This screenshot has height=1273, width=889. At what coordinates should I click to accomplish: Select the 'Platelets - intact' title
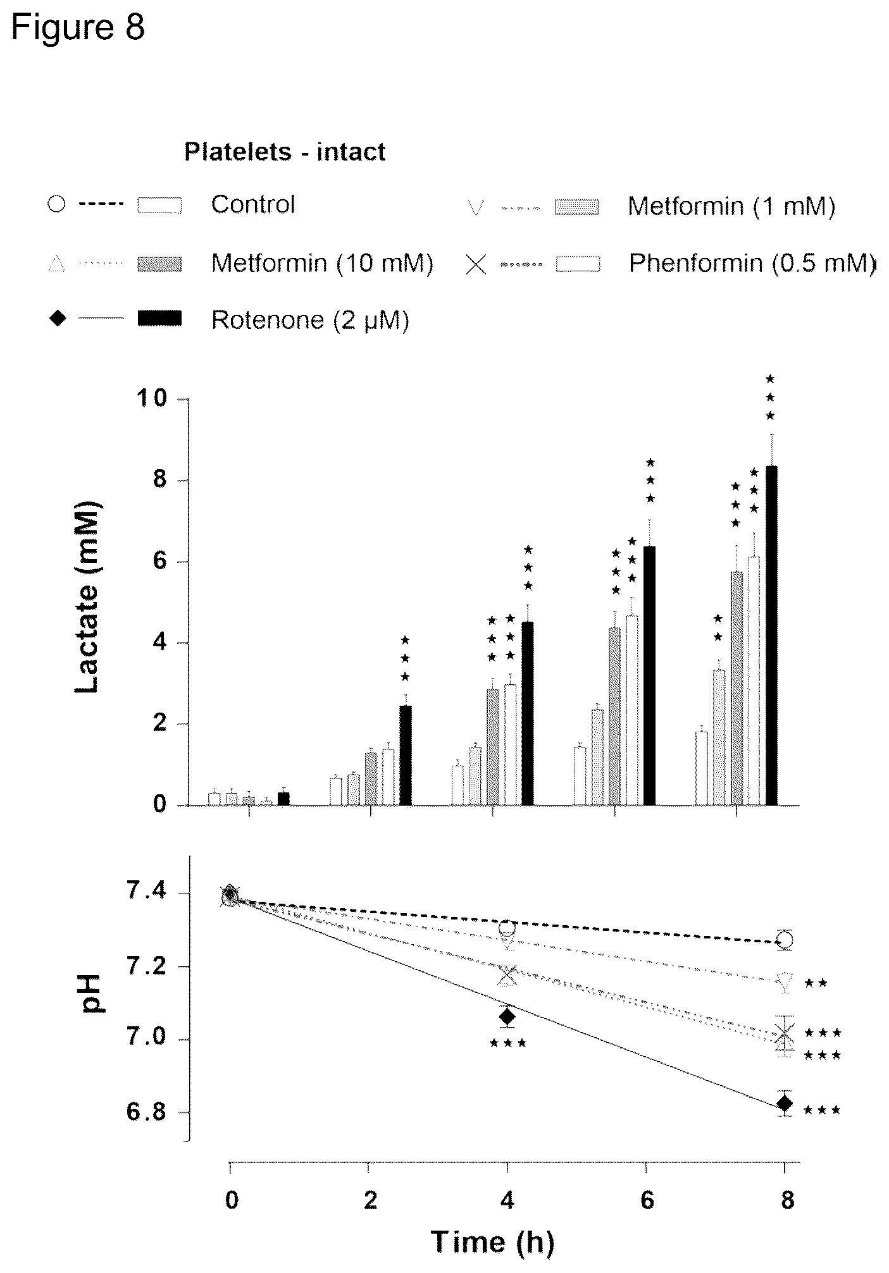285,152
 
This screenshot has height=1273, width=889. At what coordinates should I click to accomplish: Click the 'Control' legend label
253,204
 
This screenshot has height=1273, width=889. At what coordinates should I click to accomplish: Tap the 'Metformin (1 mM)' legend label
731,206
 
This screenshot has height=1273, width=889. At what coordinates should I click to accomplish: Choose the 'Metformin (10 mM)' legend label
322,262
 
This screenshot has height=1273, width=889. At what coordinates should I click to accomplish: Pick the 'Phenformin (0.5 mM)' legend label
751,262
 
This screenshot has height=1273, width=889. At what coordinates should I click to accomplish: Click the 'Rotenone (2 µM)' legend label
310,320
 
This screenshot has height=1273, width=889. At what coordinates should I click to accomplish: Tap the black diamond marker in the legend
58,319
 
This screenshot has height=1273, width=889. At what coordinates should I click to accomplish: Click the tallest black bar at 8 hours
771,636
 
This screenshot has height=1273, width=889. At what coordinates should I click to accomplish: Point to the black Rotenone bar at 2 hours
406,755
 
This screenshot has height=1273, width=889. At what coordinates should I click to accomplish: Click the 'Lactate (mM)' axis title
87,598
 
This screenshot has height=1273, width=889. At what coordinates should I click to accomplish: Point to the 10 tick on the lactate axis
151,398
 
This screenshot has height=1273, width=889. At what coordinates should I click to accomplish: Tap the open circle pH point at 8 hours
785,940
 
